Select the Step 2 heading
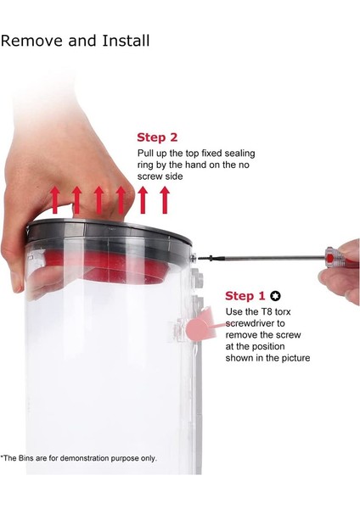[x=157, y=137]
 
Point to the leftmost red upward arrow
[x=55, y=199]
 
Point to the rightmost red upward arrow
[x=165, y=199]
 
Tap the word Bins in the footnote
[x=28, y=458]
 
